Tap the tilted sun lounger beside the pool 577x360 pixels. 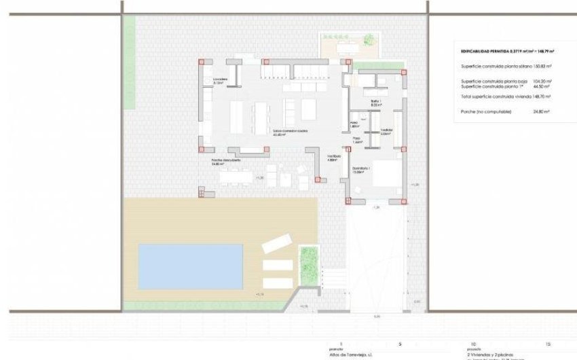pyautogui.click(x=277, y=243)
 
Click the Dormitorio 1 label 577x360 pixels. pyautogui.click(x=360, y=168)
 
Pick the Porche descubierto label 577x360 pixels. pyautogui.click(x=226, y=161)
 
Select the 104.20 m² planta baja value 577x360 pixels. pyautogui.click(x=542, y=82)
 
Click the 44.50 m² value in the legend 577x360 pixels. pyautogui.click(x=542, y=87)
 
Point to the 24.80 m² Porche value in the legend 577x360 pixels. pyautogui.click(x=541, y=111)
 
